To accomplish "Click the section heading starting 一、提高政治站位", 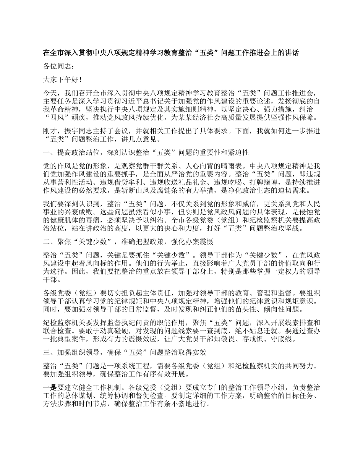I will click(x=146, y=153).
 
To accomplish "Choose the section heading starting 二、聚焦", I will click(x=128, y=241).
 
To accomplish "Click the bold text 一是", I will click(x=50, y=387).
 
